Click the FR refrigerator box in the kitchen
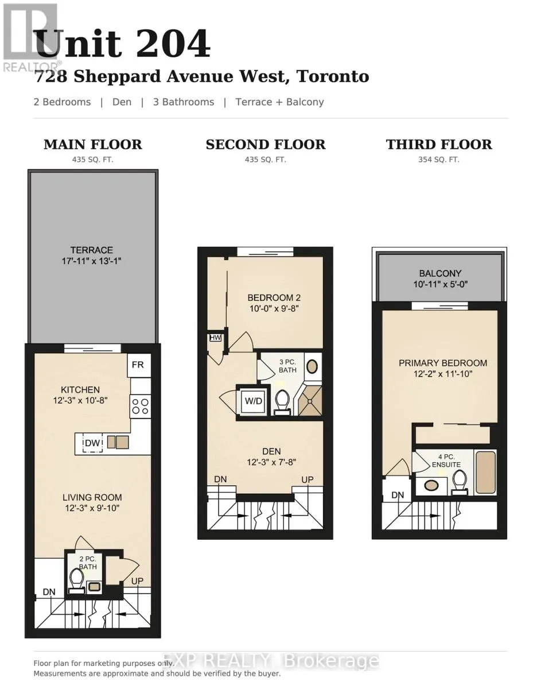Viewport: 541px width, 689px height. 139,365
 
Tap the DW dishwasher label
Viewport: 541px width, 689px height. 92,443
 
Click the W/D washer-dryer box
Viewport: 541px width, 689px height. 253,401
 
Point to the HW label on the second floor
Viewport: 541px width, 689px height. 215,338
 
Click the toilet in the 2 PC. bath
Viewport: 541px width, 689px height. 77,582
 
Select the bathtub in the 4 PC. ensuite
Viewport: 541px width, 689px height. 485,473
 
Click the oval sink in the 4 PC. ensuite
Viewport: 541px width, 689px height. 431,485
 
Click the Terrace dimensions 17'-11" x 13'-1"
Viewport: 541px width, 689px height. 92,261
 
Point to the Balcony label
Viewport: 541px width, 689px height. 440,273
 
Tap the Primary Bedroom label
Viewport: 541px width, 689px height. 443,363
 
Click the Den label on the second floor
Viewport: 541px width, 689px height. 271,451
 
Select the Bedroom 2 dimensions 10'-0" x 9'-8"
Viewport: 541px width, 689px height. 274,308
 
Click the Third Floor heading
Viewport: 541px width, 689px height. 439,145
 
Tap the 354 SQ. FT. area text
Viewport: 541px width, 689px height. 439,160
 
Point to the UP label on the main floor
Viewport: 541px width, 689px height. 137,581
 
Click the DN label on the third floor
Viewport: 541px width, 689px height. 398,495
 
